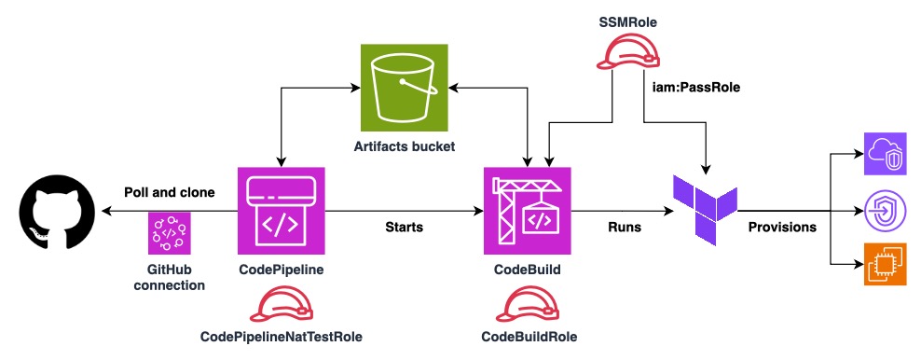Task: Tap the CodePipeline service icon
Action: click(x=282, y=210)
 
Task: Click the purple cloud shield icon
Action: click(x=885, y=152)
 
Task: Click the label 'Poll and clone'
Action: click(x=170, y=192)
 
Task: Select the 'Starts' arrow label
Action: click(x=404, y=227)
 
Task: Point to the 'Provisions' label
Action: click(x=782, y=227)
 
